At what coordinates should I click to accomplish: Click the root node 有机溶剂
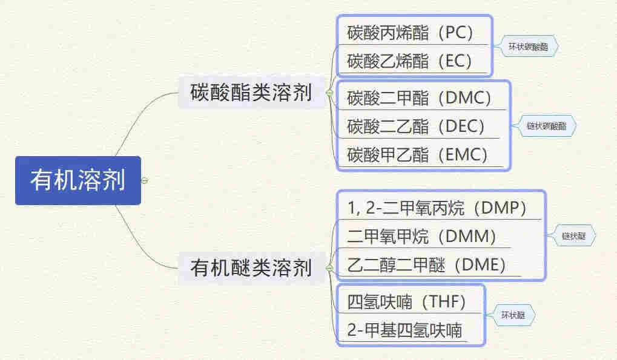78,180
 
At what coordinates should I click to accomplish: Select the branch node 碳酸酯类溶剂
251,93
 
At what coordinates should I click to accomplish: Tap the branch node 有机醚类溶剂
251,267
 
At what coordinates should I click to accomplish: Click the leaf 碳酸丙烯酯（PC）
410,32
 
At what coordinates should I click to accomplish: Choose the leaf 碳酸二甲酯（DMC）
420,97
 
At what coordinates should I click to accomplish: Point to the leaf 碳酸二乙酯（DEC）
416,126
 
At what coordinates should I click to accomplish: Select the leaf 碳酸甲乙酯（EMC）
417,154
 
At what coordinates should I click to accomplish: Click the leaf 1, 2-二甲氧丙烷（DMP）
437,208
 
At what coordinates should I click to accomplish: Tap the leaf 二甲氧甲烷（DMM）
422,236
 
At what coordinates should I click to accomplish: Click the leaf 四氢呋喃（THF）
408,301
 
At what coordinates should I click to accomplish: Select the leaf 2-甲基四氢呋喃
404,330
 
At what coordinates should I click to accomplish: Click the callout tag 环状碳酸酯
528,46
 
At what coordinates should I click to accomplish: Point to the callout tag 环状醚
513,315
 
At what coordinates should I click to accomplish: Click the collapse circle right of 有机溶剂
144,180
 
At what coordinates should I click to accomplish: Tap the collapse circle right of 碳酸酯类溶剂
329,93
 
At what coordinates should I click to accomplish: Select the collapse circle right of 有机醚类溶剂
329,267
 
